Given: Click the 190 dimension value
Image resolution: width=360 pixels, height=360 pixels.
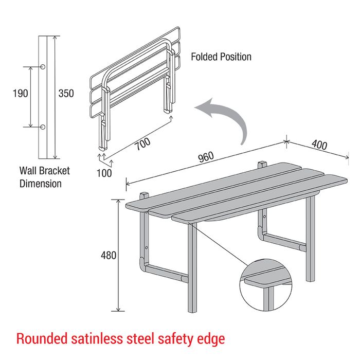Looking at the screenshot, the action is (21, 94).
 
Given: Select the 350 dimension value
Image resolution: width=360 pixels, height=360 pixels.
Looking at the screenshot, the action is (66, 94).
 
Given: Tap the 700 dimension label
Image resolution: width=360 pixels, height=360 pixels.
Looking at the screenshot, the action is (142, 143).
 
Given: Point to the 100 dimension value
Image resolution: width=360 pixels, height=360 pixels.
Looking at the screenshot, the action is (104, 173).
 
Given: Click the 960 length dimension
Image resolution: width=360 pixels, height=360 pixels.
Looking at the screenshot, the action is (206, 157).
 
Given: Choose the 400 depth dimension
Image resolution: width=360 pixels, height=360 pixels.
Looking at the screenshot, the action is (319, 145).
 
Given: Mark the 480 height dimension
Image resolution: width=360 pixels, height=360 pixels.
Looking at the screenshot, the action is (109, 255).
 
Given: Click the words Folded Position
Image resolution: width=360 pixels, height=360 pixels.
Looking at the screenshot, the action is (221, 57).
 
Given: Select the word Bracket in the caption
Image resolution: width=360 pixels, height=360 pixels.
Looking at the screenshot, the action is (55, 171).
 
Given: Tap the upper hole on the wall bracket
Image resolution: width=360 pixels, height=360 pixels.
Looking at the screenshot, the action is (43, 67).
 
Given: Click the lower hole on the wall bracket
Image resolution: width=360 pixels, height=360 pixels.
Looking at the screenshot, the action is (43, 127).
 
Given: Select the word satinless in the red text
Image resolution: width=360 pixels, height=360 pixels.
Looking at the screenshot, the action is (97, 338).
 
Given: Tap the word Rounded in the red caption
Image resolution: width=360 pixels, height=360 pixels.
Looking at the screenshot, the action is (42, 338).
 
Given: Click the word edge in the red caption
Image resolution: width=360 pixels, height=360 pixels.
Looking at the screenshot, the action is (211, 340).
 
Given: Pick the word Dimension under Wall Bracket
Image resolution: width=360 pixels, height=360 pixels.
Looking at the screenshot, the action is (41, 184).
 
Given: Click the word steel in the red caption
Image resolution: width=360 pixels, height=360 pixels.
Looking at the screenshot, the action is (140, 338).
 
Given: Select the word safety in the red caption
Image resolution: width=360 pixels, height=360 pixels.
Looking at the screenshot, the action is (176, 340).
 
